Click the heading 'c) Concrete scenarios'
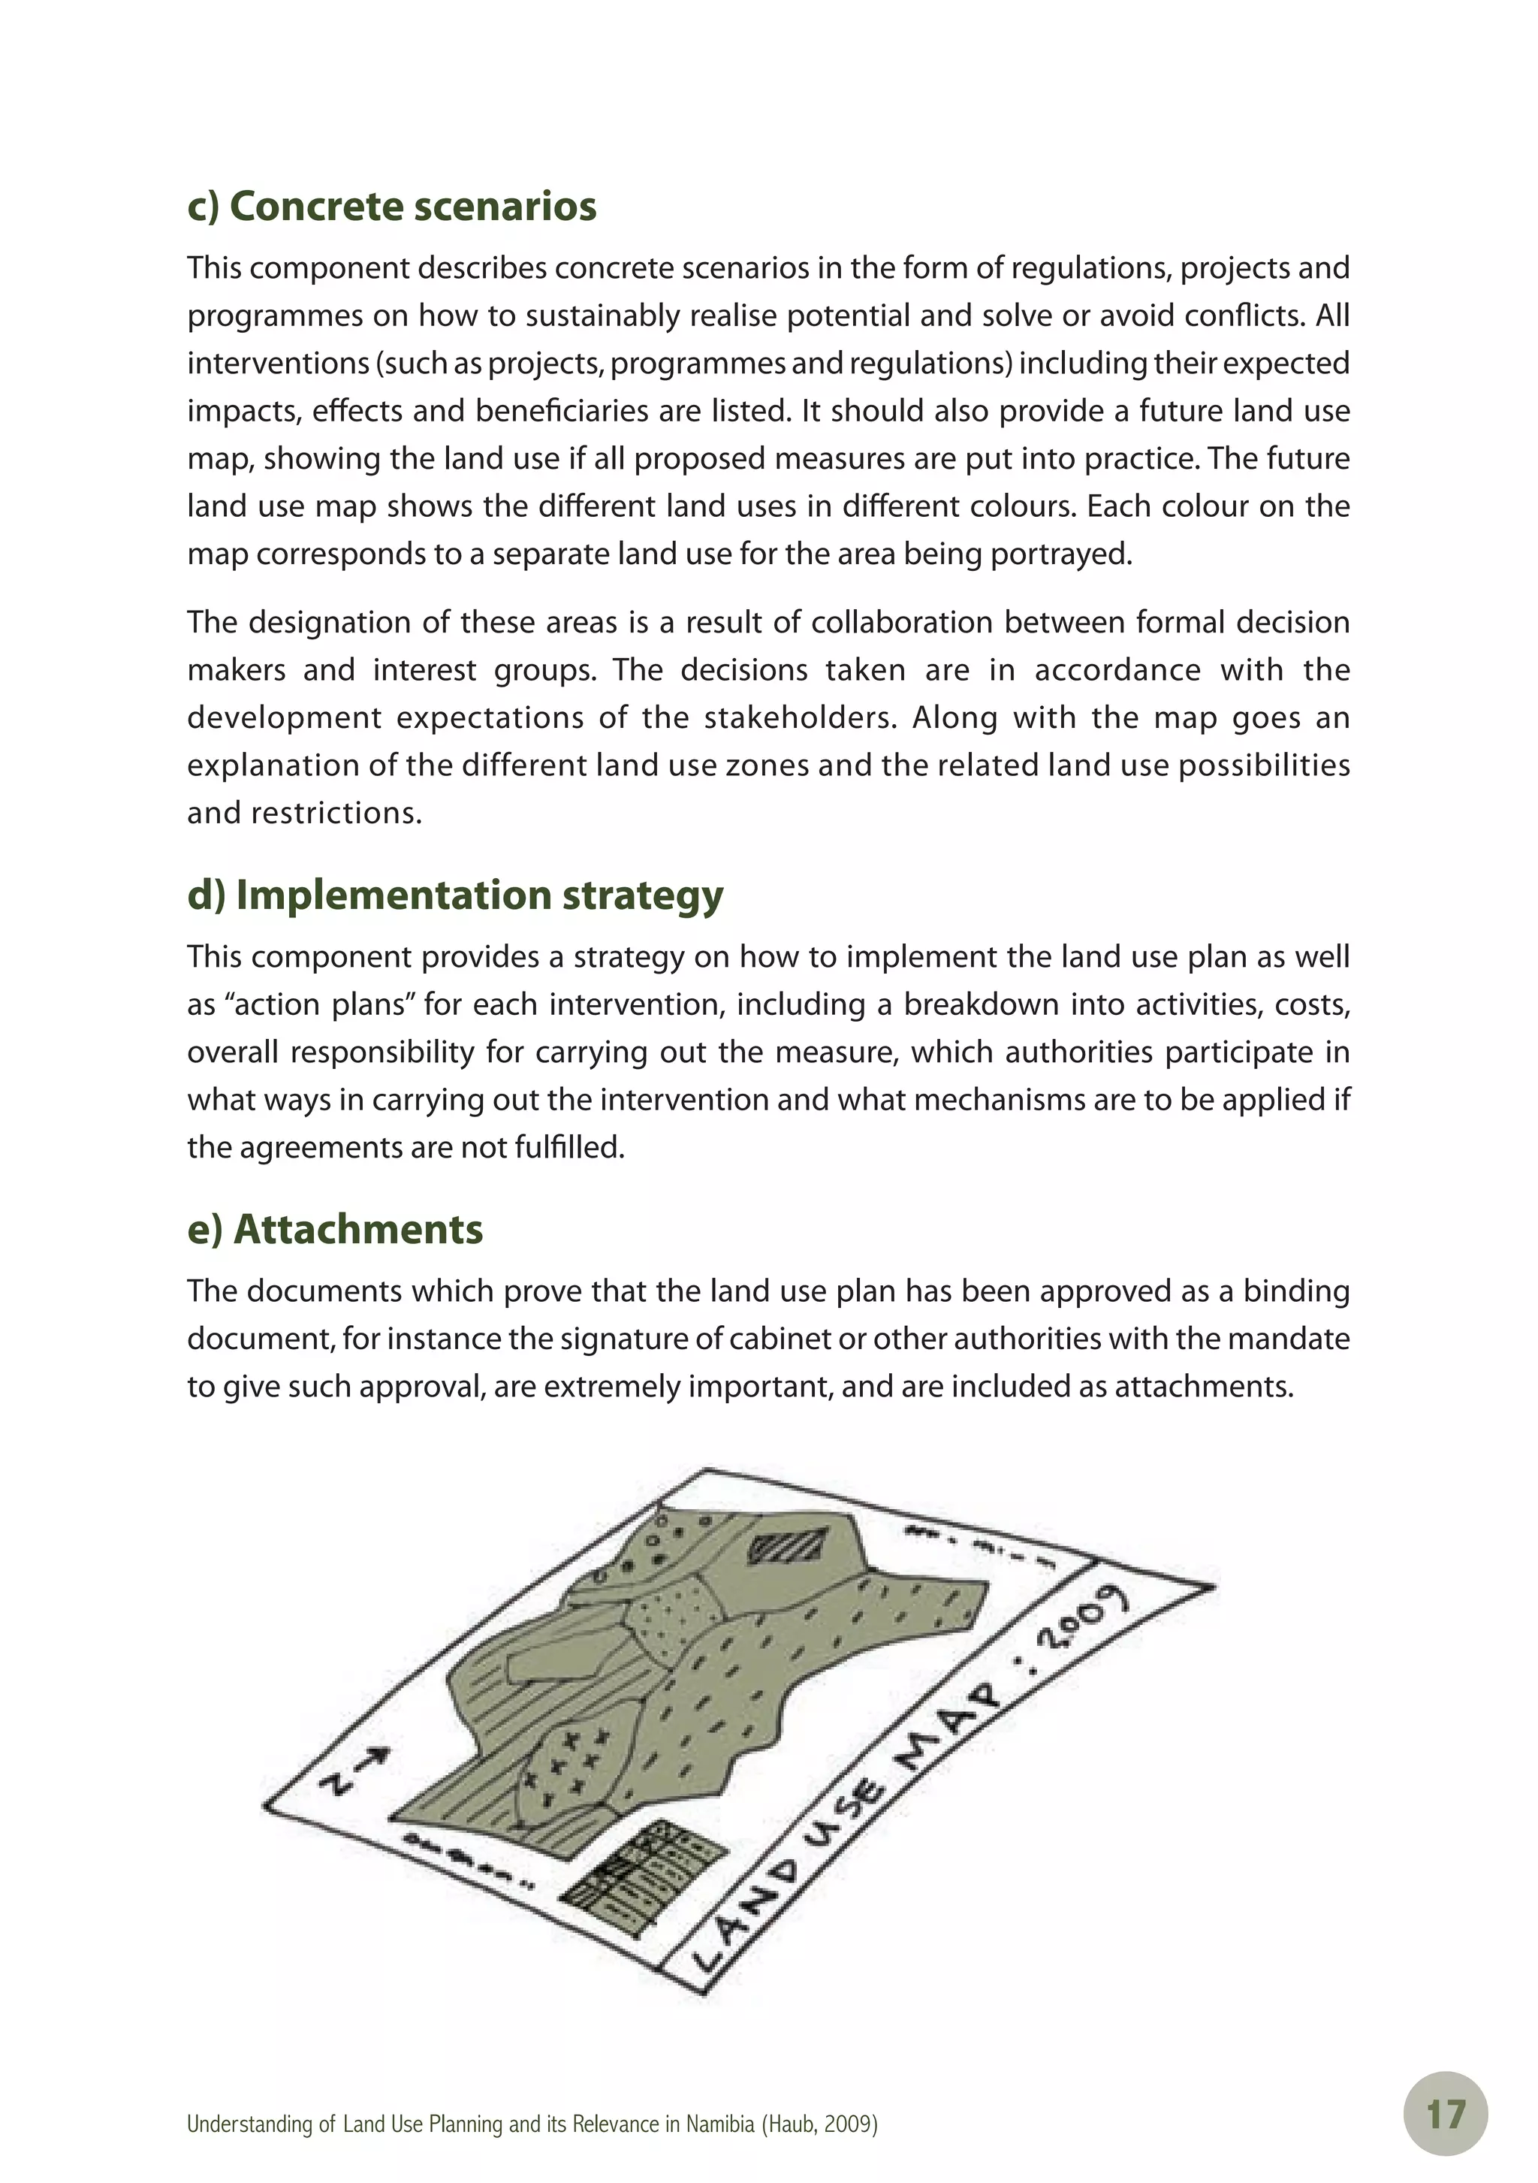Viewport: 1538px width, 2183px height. tap(391, 207)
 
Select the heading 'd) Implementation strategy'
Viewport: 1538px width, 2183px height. tap(454, 895)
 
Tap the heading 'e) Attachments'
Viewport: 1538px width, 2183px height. tap(335, 1230)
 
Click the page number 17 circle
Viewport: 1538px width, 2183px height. tap(1445, 2115)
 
